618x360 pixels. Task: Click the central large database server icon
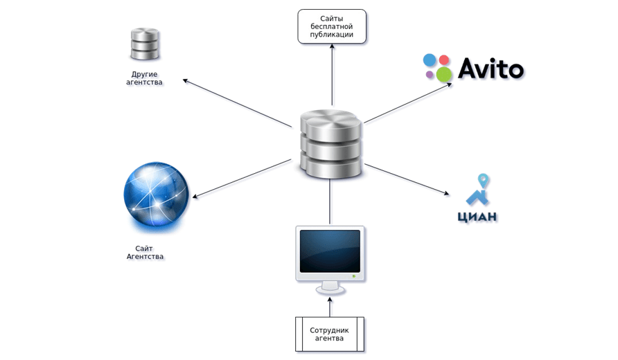pos(331,145)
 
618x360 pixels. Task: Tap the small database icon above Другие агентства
pos(145,44)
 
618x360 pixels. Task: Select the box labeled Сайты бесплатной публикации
pos(332,27)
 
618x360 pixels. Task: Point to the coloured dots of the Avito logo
pos(437,66)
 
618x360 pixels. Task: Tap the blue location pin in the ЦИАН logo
pos(484,183)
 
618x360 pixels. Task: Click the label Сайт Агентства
pos(145,252)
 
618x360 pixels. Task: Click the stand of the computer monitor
pos(329,285)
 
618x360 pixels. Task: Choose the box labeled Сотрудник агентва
pos(329,334)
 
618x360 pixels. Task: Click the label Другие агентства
pos(145,78)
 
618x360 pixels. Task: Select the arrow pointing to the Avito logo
pos(409,102)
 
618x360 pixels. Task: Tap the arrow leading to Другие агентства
pos(238,102)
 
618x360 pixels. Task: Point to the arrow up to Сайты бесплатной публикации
pos(332,76)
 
